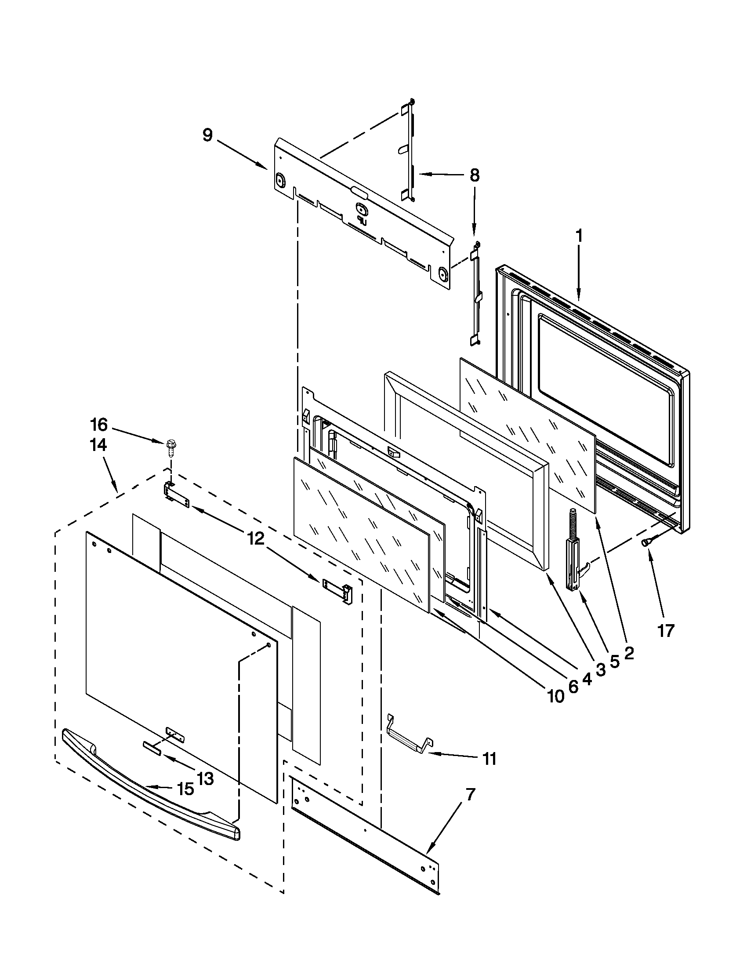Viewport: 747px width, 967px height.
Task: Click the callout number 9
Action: tap(207, 135)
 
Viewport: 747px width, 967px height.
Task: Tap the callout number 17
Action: tap(666, 630)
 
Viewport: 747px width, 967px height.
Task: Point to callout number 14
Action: tap(98, 445)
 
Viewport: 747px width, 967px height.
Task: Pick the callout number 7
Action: tap(471, 795)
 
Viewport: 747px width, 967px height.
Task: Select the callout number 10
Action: tap(556, 697)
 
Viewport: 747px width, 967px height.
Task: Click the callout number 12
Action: tap(256, 538)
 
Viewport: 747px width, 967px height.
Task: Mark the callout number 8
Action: tap(474, 175)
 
